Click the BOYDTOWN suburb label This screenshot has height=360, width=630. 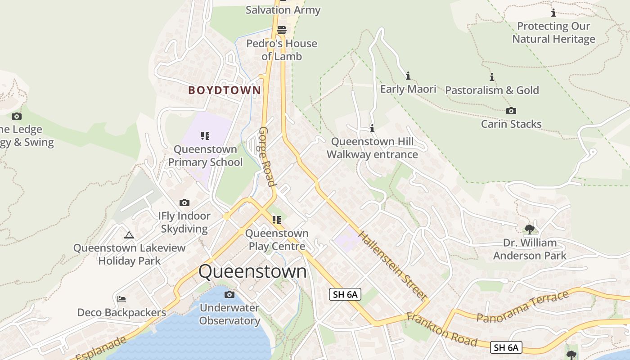[225, 90]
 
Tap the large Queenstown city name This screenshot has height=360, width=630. [252, 271]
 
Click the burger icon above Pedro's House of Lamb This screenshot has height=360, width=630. [282, 30]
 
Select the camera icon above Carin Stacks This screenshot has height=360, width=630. [511, 111]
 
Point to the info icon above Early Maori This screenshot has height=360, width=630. [408, 76]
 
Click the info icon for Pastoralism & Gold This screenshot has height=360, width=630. [492, 77]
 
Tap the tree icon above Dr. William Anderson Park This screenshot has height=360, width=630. [530, 229]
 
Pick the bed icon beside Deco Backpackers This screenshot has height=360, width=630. [121, 299]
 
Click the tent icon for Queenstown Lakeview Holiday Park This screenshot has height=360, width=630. [129, 234]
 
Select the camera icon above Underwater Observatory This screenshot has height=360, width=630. [229, 294]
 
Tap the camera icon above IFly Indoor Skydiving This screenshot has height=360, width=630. [184, 202]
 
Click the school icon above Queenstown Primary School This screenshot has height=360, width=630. [205, 135]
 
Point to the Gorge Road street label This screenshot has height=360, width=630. [266, 156]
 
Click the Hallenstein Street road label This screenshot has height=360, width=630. [392, 265]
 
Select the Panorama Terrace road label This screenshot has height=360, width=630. [522, 307]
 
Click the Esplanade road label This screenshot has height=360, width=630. [98, 348]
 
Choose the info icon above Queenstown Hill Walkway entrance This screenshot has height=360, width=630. [372, 129]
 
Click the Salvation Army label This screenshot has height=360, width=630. [283, 10]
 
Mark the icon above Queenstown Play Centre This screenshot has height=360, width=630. [277, 220]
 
